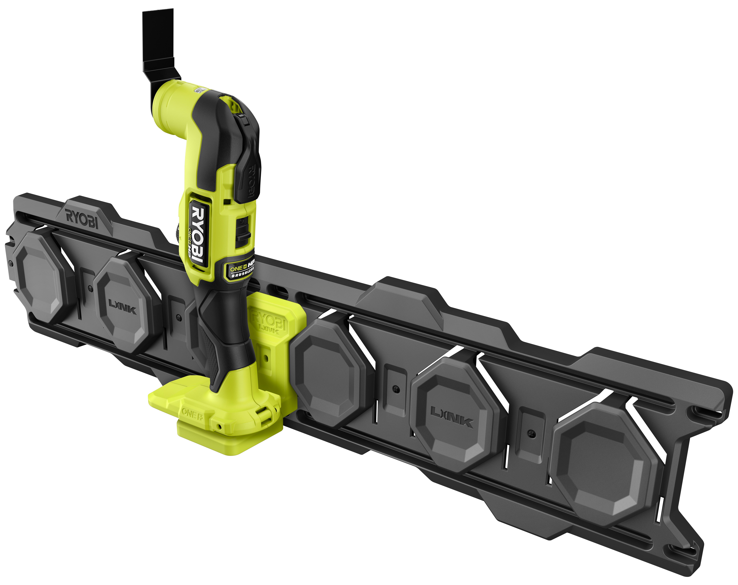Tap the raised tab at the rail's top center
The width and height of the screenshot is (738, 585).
click(399, 301)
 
